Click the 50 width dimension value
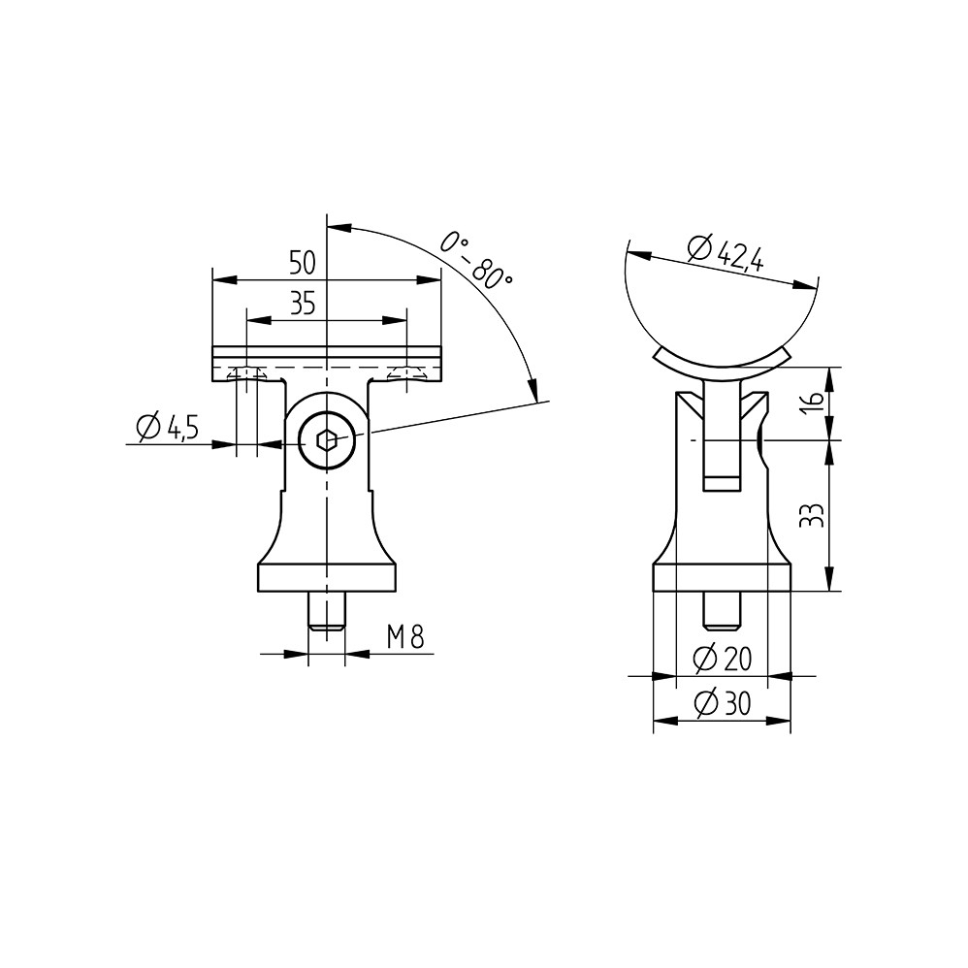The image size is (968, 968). tap(303, 264)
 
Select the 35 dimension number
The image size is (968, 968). tap(303, 305)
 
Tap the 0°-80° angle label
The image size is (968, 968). tap(476, 260)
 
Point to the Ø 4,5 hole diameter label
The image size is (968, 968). tap(168, 427)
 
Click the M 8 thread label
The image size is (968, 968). tap(405, 637)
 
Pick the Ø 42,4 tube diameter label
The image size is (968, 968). tap(726, 253)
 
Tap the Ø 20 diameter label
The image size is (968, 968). tap(723, 660)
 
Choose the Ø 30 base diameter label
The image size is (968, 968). tap(723, 704)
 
